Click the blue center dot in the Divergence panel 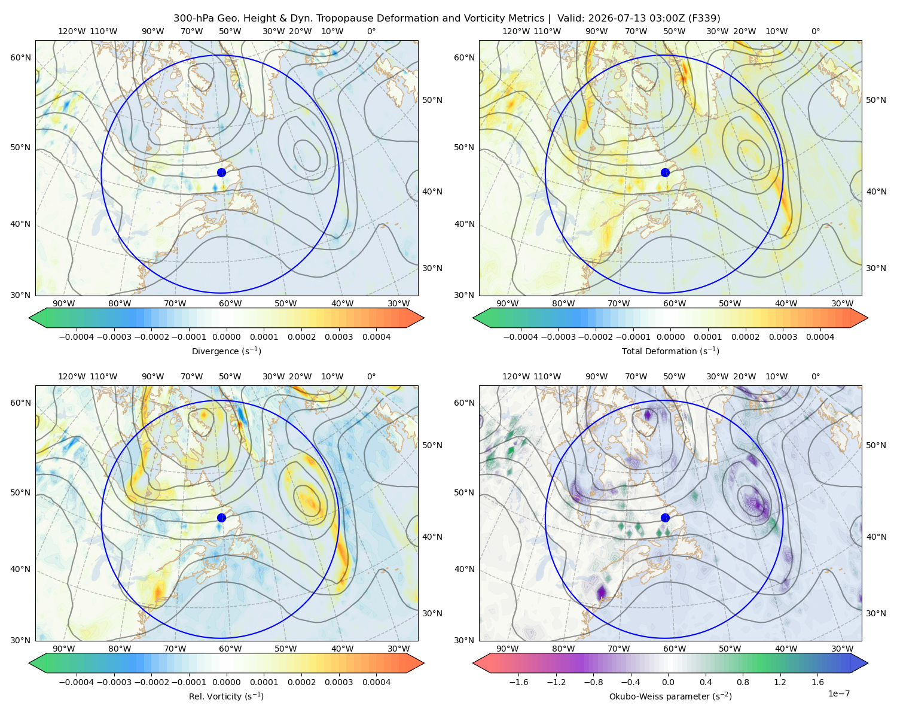[221, 173]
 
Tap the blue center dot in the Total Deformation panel [665, 173]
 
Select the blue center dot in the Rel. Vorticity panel [221, 518]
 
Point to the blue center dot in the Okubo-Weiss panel [665, 518]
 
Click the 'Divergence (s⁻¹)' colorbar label [226, 351]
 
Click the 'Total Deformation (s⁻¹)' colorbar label [670, 351]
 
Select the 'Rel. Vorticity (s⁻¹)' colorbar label [226, 696]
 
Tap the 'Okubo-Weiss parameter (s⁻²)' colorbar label [670, 696]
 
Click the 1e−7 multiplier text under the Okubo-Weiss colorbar [838, 693]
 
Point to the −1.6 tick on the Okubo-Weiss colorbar [519, 682]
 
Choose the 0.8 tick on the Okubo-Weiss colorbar [743, 682]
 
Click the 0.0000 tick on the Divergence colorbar [226, 337]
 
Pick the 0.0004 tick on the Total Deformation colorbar [820, 337]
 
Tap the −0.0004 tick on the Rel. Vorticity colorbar [77, 682]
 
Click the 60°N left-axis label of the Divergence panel [20, 57]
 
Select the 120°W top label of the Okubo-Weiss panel [516, 376]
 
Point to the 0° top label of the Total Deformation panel [815, 31]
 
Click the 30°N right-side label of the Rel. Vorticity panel [432, 613]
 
